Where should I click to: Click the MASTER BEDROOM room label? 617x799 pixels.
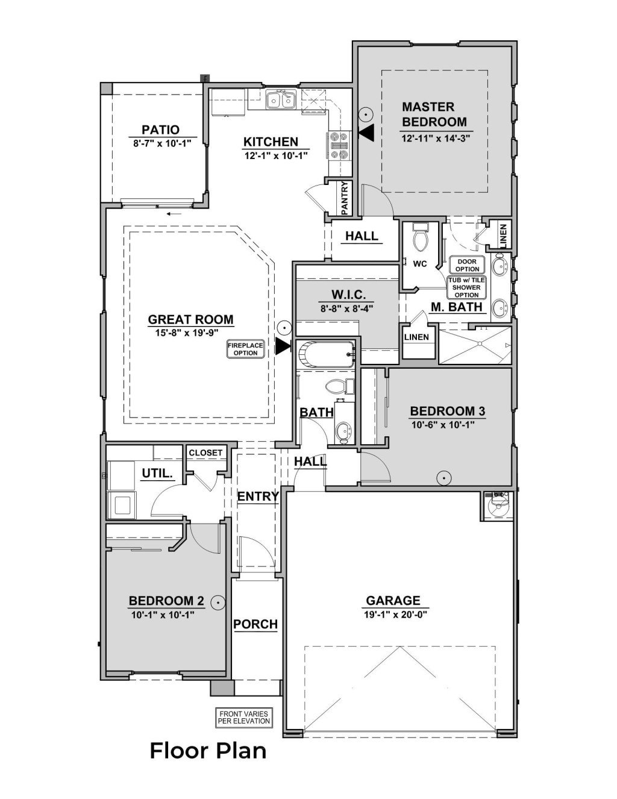[428, 114]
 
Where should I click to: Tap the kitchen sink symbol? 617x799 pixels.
[281, 99]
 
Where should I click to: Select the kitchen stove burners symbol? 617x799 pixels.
[337, 145]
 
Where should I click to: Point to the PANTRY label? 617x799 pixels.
[345, 198]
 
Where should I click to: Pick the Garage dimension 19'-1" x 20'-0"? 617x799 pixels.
[392, 615]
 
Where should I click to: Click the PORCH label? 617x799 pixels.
[255, 624]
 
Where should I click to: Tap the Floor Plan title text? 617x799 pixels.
[208, 751]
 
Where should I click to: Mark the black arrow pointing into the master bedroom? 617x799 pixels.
[366, 133]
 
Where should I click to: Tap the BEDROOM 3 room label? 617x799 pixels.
[448, 411]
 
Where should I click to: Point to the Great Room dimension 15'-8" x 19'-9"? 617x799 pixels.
[191, 332]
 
